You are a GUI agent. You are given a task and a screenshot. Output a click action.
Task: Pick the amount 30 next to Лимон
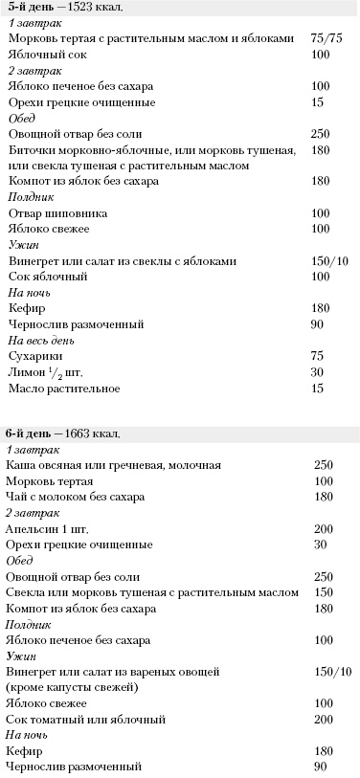tap(318, 371)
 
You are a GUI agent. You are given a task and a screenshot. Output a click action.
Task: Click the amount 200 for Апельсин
tap(323, 528)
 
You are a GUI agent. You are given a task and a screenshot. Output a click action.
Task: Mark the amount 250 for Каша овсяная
tap(323, 464)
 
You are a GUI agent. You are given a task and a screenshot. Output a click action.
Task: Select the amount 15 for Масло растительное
tap(318, 388)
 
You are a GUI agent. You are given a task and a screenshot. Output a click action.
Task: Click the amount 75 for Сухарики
tap(318, 355)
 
